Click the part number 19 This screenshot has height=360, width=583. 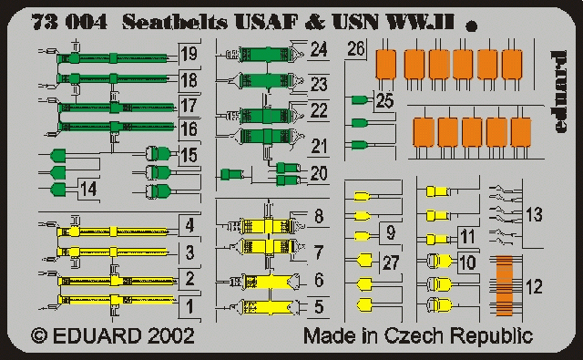(189, 54)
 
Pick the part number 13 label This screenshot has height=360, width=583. (534, 215)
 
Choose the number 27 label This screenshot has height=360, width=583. (390, 264)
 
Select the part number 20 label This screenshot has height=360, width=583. (319, 173)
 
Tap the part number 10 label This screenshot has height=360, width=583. (466, 263)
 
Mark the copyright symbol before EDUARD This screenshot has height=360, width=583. (39, 335)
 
